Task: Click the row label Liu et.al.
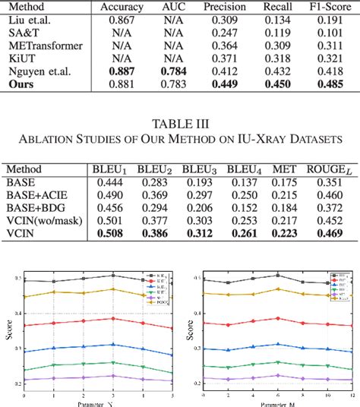coord(31,19)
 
